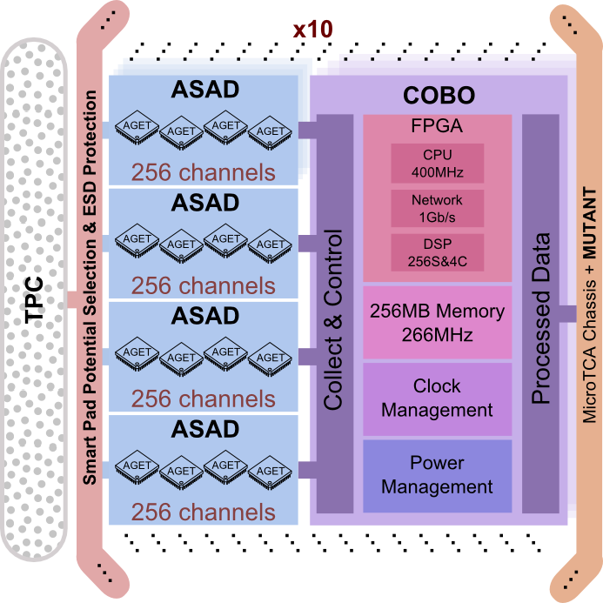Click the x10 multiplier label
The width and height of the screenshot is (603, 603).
tap(312, 29)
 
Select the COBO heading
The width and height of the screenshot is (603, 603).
tap(439, 96)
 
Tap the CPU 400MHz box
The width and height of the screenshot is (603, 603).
tap(437, 164)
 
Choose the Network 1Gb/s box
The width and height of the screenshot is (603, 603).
tap(437, 208)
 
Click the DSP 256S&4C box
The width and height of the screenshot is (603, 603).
tap(437, 252)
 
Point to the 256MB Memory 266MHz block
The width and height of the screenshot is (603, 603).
tap(437, 322)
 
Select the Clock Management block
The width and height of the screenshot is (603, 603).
tap(437, 399)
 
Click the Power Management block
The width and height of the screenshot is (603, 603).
tap(437, 475)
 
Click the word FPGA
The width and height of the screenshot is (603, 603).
tap(437, 126)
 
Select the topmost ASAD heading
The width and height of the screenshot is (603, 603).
tap(205, 90)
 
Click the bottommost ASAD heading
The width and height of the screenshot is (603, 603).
tap(205, 429)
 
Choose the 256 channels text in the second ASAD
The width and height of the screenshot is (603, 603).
tap(204, 285)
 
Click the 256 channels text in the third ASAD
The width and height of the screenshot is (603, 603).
tap(204, 399)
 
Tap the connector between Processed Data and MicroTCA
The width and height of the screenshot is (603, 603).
tap(568, 313)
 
